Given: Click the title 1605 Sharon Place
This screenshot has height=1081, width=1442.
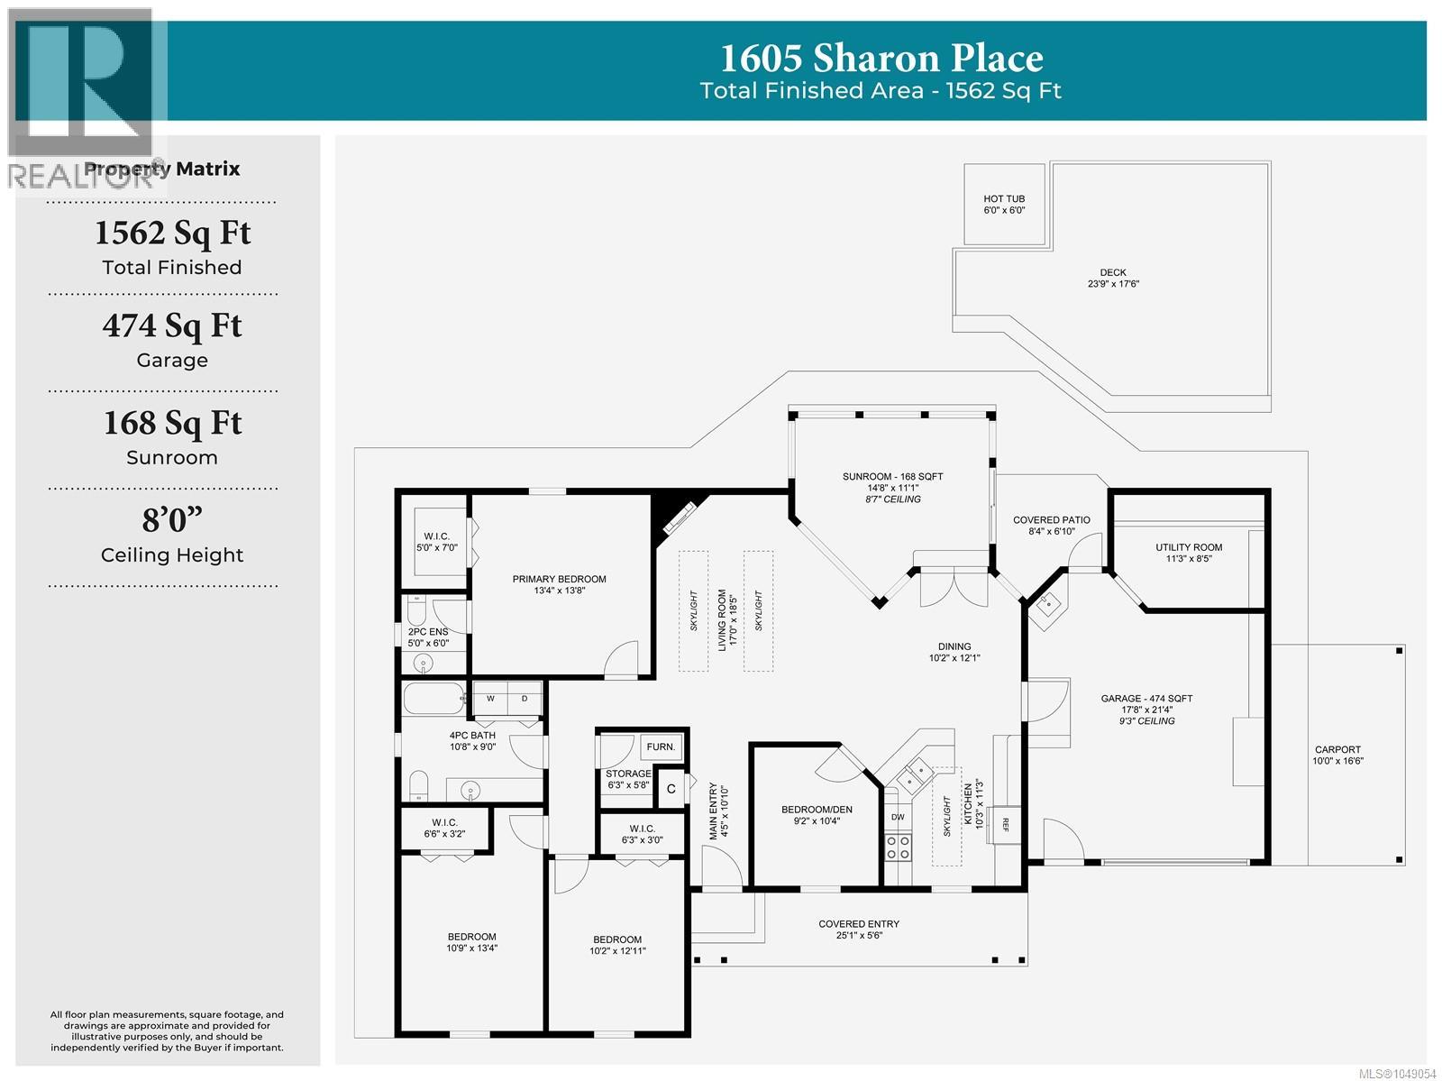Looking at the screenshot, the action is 881,58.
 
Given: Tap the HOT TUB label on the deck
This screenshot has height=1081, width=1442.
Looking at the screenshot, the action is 1003,198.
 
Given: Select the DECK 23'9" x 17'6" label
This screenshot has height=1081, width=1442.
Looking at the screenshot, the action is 1112,278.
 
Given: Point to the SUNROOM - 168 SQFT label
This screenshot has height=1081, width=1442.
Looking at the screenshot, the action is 892,476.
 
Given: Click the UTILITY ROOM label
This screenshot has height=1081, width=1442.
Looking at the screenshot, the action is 1189,547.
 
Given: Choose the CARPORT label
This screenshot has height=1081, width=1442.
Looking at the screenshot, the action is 1337,749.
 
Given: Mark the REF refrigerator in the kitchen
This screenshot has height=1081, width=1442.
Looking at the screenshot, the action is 1005,825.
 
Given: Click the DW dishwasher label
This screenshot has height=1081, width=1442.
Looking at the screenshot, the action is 898,817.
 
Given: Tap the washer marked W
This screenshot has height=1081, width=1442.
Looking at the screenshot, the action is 490,699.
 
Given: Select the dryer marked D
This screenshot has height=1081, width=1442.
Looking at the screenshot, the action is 525,699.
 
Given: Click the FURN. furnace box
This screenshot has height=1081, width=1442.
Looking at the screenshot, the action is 661,747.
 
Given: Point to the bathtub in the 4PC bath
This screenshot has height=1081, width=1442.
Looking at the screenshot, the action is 434,698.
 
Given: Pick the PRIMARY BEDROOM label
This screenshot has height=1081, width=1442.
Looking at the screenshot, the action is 559,579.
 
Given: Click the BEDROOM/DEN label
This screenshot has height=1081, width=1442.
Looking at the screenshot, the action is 816,810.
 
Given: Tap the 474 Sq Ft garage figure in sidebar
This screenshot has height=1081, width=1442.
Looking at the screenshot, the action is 172,326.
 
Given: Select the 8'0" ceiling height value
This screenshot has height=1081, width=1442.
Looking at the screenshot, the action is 172,520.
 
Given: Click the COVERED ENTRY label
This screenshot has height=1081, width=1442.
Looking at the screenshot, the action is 859,924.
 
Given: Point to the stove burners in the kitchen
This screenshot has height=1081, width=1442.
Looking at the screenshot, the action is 898,847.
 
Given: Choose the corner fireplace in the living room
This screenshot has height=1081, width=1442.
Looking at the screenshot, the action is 677,519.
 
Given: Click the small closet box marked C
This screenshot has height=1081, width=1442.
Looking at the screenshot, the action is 671,789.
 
